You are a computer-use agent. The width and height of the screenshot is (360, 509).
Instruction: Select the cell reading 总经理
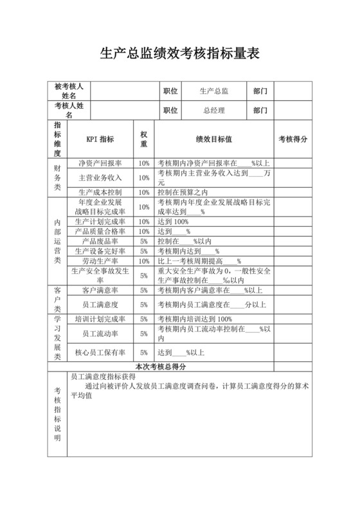coord(214,111)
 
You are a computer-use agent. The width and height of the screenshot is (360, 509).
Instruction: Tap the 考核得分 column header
coord(293,139)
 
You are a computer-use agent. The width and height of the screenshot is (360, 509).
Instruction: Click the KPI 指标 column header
coord(100,139)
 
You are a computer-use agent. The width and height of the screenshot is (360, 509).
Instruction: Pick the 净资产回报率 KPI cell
coord(100,163)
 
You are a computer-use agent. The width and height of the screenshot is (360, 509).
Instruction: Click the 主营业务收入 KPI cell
coord(100,177)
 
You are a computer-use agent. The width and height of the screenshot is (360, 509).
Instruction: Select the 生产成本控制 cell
coord(100,192)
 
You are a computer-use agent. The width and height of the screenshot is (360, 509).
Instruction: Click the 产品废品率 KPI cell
coord(100,241)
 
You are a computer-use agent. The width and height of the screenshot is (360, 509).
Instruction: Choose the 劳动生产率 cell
coord(100,262)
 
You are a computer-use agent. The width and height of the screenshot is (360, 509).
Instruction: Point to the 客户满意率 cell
coord(100,290)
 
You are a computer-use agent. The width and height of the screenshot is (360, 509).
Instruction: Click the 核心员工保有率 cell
coord(100,352)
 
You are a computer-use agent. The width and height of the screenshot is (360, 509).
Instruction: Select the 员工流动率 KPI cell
coord(100,334)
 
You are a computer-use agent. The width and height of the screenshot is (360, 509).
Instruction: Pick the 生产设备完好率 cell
coord(100,251)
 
